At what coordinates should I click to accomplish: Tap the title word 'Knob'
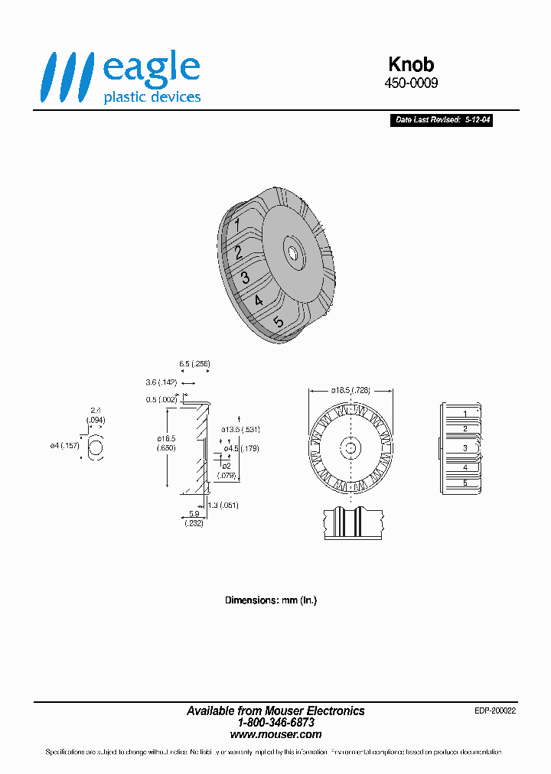pos(411,65)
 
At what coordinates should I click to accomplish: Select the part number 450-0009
pos(411,83)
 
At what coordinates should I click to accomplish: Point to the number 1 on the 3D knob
pos(238,225)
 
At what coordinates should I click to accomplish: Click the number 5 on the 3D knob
pos(279,323)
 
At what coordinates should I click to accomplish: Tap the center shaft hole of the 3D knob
pos(293,250)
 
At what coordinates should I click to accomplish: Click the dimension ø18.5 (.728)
pos(350,390)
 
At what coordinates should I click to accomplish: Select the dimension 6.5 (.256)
pos(194,364)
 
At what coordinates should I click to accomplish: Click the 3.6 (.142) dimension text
pos(161,382)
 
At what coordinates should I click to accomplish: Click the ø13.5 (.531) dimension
pos(241,430)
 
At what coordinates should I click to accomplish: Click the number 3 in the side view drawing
pos(465,447)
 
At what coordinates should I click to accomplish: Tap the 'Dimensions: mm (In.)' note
pos(270,600)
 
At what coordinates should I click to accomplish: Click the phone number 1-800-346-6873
pos(275,722)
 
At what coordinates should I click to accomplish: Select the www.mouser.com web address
pos(275,734)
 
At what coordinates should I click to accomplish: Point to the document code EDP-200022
pos(495,711)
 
